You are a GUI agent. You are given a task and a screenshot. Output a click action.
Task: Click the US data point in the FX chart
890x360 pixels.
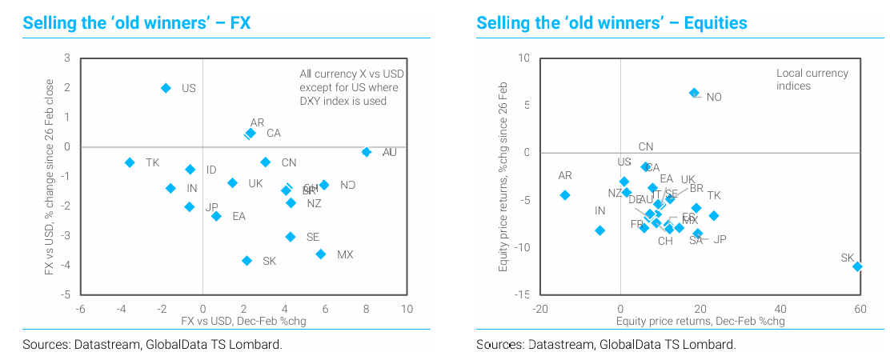coord(166,88)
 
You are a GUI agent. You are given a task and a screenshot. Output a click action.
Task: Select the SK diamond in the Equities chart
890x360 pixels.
coord(857,266)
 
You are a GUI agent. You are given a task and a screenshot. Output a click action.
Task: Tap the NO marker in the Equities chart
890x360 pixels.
coord(694,93)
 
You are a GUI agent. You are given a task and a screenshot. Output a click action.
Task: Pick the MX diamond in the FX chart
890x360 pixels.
coord(321,254)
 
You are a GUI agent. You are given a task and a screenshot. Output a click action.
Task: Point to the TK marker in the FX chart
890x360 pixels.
coord(130,162)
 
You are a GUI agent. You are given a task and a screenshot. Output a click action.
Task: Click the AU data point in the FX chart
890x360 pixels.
coord(367,152)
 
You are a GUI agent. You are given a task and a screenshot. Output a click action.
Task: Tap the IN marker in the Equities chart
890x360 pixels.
coord(600,230)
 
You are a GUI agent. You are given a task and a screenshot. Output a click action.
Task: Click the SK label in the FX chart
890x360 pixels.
coord(269,261)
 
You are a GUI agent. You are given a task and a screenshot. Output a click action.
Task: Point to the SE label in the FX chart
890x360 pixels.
coord(312,237)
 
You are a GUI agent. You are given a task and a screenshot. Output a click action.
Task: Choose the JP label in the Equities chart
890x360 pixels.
coord(720,239)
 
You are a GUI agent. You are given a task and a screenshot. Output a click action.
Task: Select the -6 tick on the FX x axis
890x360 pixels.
coord(81,309)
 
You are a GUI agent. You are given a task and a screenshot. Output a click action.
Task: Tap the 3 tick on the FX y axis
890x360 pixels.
coord(68,58)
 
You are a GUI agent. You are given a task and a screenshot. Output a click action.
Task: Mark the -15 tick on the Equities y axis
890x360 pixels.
coord(521,295)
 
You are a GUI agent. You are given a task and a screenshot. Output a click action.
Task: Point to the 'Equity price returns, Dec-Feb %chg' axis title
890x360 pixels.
coord(700,321)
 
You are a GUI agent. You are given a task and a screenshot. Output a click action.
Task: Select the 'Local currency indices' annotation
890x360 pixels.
coord(812,79)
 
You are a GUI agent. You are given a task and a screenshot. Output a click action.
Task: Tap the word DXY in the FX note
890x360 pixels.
coord(311,101)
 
